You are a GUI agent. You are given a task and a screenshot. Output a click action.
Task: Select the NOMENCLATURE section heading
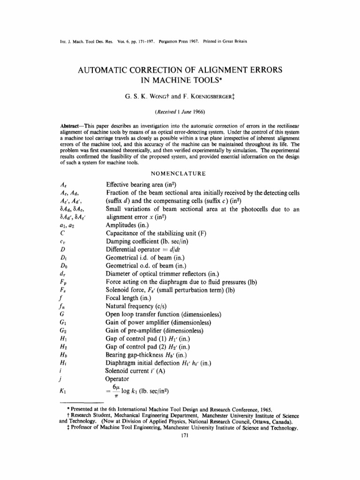click(180, 173)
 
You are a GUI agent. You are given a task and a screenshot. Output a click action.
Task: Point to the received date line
click(180, 113)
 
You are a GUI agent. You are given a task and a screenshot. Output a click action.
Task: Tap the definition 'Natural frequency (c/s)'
click(142, 305)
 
